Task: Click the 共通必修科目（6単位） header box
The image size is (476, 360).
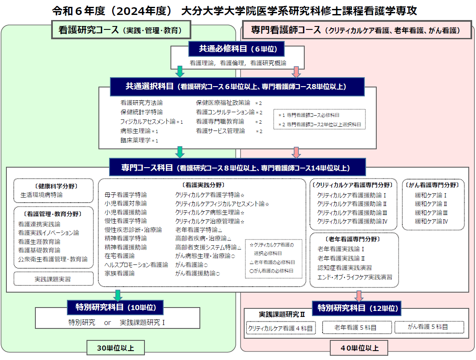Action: pyautogui.click(x=237, y=49)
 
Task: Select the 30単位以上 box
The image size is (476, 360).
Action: pyautogui.click(x=115, y=348)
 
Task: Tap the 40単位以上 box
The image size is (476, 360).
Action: pyautogui.click(x=359, y=348)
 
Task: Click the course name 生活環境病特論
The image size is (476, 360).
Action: pyautogui.click(x=41, y=195)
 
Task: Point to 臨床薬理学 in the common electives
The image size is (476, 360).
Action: pyautogui.click(x=136, y=140)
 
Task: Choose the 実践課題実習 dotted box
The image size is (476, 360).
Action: pyautogui.click(x=53, y=279)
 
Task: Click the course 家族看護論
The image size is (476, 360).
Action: pyautogui.click(x=120, y=273)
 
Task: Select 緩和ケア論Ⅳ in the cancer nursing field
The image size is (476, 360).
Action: pyautogui.click(x=431, y=221)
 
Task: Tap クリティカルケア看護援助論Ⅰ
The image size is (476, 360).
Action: pyautogui.click(x=352, y=195)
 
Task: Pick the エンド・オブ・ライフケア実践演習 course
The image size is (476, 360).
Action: pyautogui.click(x=355, y=277)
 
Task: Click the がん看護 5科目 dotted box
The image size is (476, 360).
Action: pyautogui.click(x=429, y=327)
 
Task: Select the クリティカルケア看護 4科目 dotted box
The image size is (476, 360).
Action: pyautogui.click(x=281, y=328)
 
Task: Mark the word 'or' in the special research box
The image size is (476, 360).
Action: pyautogui.click(x=107, y=322)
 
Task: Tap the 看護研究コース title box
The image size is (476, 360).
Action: pyautogui.click(x=121, y=30)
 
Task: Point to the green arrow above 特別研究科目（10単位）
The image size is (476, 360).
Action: pyautogui.click(x=118, y=296)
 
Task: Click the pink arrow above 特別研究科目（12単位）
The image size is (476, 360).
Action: pyautogui.click(x=359, y=296)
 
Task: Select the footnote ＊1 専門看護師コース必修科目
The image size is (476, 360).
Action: pyautogui.click(x=309, y=115)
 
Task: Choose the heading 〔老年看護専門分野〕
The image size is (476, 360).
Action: pyautogui.click(x=352, y=239)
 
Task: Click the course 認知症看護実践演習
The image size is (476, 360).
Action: pyautogui.click(x=345, y=267)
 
